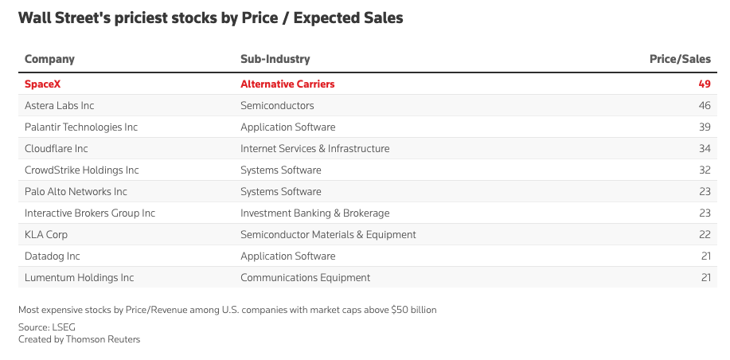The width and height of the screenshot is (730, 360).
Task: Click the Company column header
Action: point(49,59)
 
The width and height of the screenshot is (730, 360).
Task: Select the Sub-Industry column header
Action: point(275,59)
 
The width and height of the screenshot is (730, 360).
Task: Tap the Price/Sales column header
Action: point(680,59)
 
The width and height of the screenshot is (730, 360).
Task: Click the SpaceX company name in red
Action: point(42,84)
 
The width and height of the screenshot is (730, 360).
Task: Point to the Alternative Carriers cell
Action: point(287,84)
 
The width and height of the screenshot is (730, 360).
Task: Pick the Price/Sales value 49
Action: point(705,84)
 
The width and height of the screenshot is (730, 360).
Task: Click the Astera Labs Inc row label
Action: point(59,106)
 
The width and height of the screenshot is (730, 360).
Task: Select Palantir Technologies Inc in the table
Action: point(81,127)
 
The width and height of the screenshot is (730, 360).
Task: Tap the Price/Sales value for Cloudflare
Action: point(705,149)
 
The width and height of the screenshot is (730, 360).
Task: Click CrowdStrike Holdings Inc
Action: point(81,170)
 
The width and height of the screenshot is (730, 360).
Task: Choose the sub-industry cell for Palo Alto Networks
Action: point(281,192)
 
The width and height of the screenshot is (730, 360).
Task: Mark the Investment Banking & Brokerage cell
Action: point(314,213)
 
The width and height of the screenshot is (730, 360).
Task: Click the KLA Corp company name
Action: point(46,235)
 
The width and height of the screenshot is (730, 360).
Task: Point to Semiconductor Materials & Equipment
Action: point(328,235)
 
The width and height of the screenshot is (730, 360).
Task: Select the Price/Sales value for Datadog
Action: point(706,256)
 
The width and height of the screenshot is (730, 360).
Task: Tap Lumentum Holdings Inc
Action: point(79,278)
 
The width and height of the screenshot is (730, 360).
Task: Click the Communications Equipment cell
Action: point(306,278)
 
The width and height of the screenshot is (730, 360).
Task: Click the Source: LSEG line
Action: point(46,327)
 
